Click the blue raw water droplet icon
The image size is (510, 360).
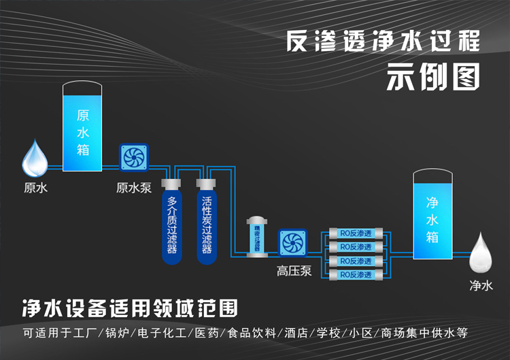point(35,159)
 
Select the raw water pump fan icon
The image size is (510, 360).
point(134,158)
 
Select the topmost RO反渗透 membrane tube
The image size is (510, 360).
point(355,233)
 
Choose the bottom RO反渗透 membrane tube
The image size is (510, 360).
point(355,274)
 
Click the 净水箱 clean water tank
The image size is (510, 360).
point(432,216)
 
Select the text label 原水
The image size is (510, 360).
point(35,186)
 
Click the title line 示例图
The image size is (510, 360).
point(433,77)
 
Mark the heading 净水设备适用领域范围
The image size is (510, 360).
point(130,309)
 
